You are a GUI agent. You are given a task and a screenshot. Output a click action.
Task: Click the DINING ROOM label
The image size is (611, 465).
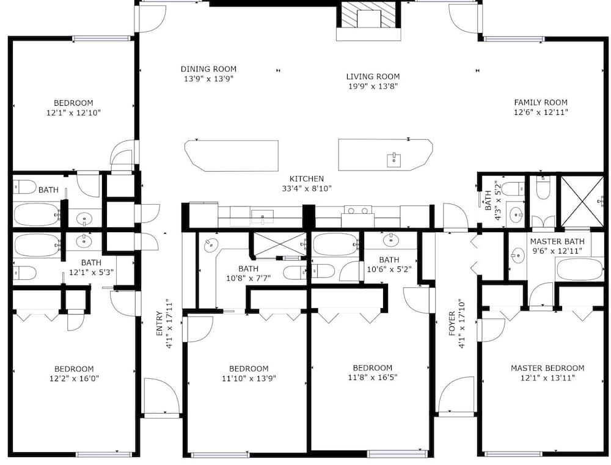[x=208, y=69]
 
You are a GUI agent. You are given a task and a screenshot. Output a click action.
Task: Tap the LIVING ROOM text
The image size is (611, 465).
[x=373, y=76]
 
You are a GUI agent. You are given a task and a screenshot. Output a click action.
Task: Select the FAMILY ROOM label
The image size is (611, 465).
[x=541, y=103]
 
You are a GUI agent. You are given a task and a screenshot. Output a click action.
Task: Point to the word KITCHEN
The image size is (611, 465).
[x=307, y=178]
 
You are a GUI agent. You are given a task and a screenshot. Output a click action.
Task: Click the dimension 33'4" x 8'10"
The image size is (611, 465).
[x=307, y=189]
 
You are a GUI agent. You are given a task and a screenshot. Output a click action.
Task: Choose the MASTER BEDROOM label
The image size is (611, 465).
[x=547, y=368]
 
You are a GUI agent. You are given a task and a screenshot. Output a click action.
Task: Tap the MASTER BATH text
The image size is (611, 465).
[x=557, y=241]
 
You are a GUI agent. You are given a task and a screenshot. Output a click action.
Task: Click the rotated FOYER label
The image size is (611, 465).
[x=452, y=323]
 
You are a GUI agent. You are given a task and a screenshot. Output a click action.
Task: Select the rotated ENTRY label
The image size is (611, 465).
[x=159, y=323]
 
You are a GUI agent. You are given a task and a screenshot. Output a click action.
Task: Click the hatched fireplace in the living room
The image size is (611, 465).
[x=368, y=15]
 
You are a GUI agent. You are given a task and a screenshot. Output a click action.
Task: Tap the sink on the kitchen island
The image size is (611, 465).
[x=394, y=160]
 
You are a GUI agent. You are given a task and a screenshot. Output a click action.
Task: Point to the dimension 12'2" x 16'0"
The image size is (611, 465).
[x=74, y=378]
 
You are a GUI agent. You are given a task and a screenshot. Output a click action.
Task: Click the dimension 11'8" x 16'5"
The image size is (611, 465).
[x=373, y=377]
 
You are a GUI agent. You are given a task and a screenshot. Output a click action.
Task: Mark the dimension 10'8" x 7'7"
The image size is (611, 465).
[x=248, y=278]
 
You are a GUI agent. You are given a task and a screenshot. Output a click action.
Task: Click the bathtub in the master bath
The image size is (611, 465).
[x=580, y=269]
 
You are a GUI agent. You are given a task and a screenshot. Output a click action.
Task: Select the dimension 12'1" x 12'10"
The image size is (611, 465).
[x=74, y=112]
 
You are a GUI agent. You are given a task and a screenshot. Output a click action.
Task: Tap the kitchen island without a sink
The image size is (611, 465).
[x=232, y=156]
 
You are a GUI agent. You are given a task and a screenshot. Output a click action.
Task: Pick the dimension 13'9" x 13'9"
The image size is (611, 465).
[x=208, y=79]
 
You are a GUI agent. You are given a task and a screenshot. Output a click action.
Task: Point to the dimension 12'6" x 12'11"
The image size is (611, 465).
[x=541, y=112]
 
